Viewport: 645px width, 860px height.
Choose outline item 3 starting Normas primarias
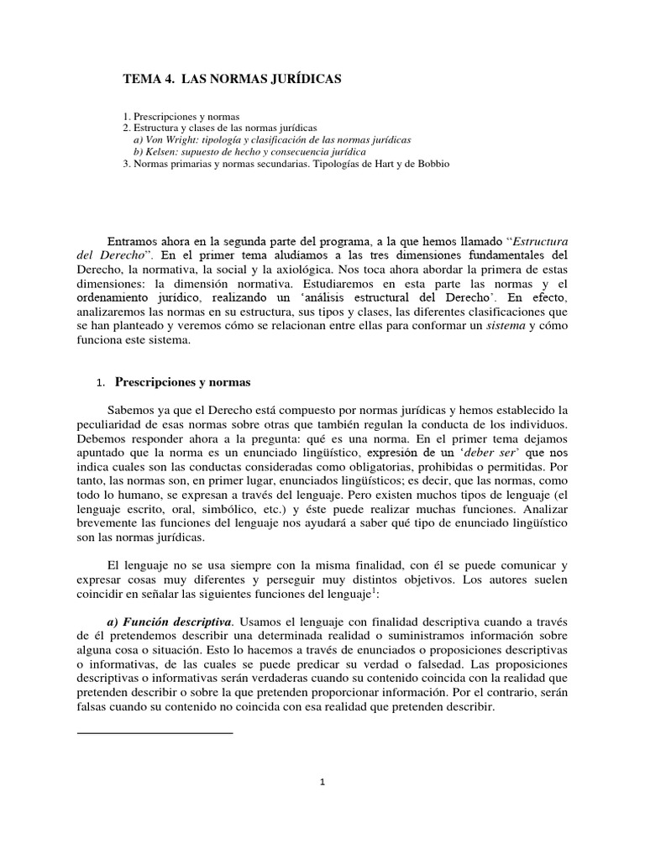point(286,164)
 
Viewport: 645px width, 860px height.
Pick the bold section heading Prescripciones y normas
point(182,382)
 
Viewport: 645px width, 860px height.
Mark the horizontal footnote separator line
point(155,733)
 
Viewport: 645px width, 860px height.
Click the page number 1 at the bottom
point(322,782)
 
